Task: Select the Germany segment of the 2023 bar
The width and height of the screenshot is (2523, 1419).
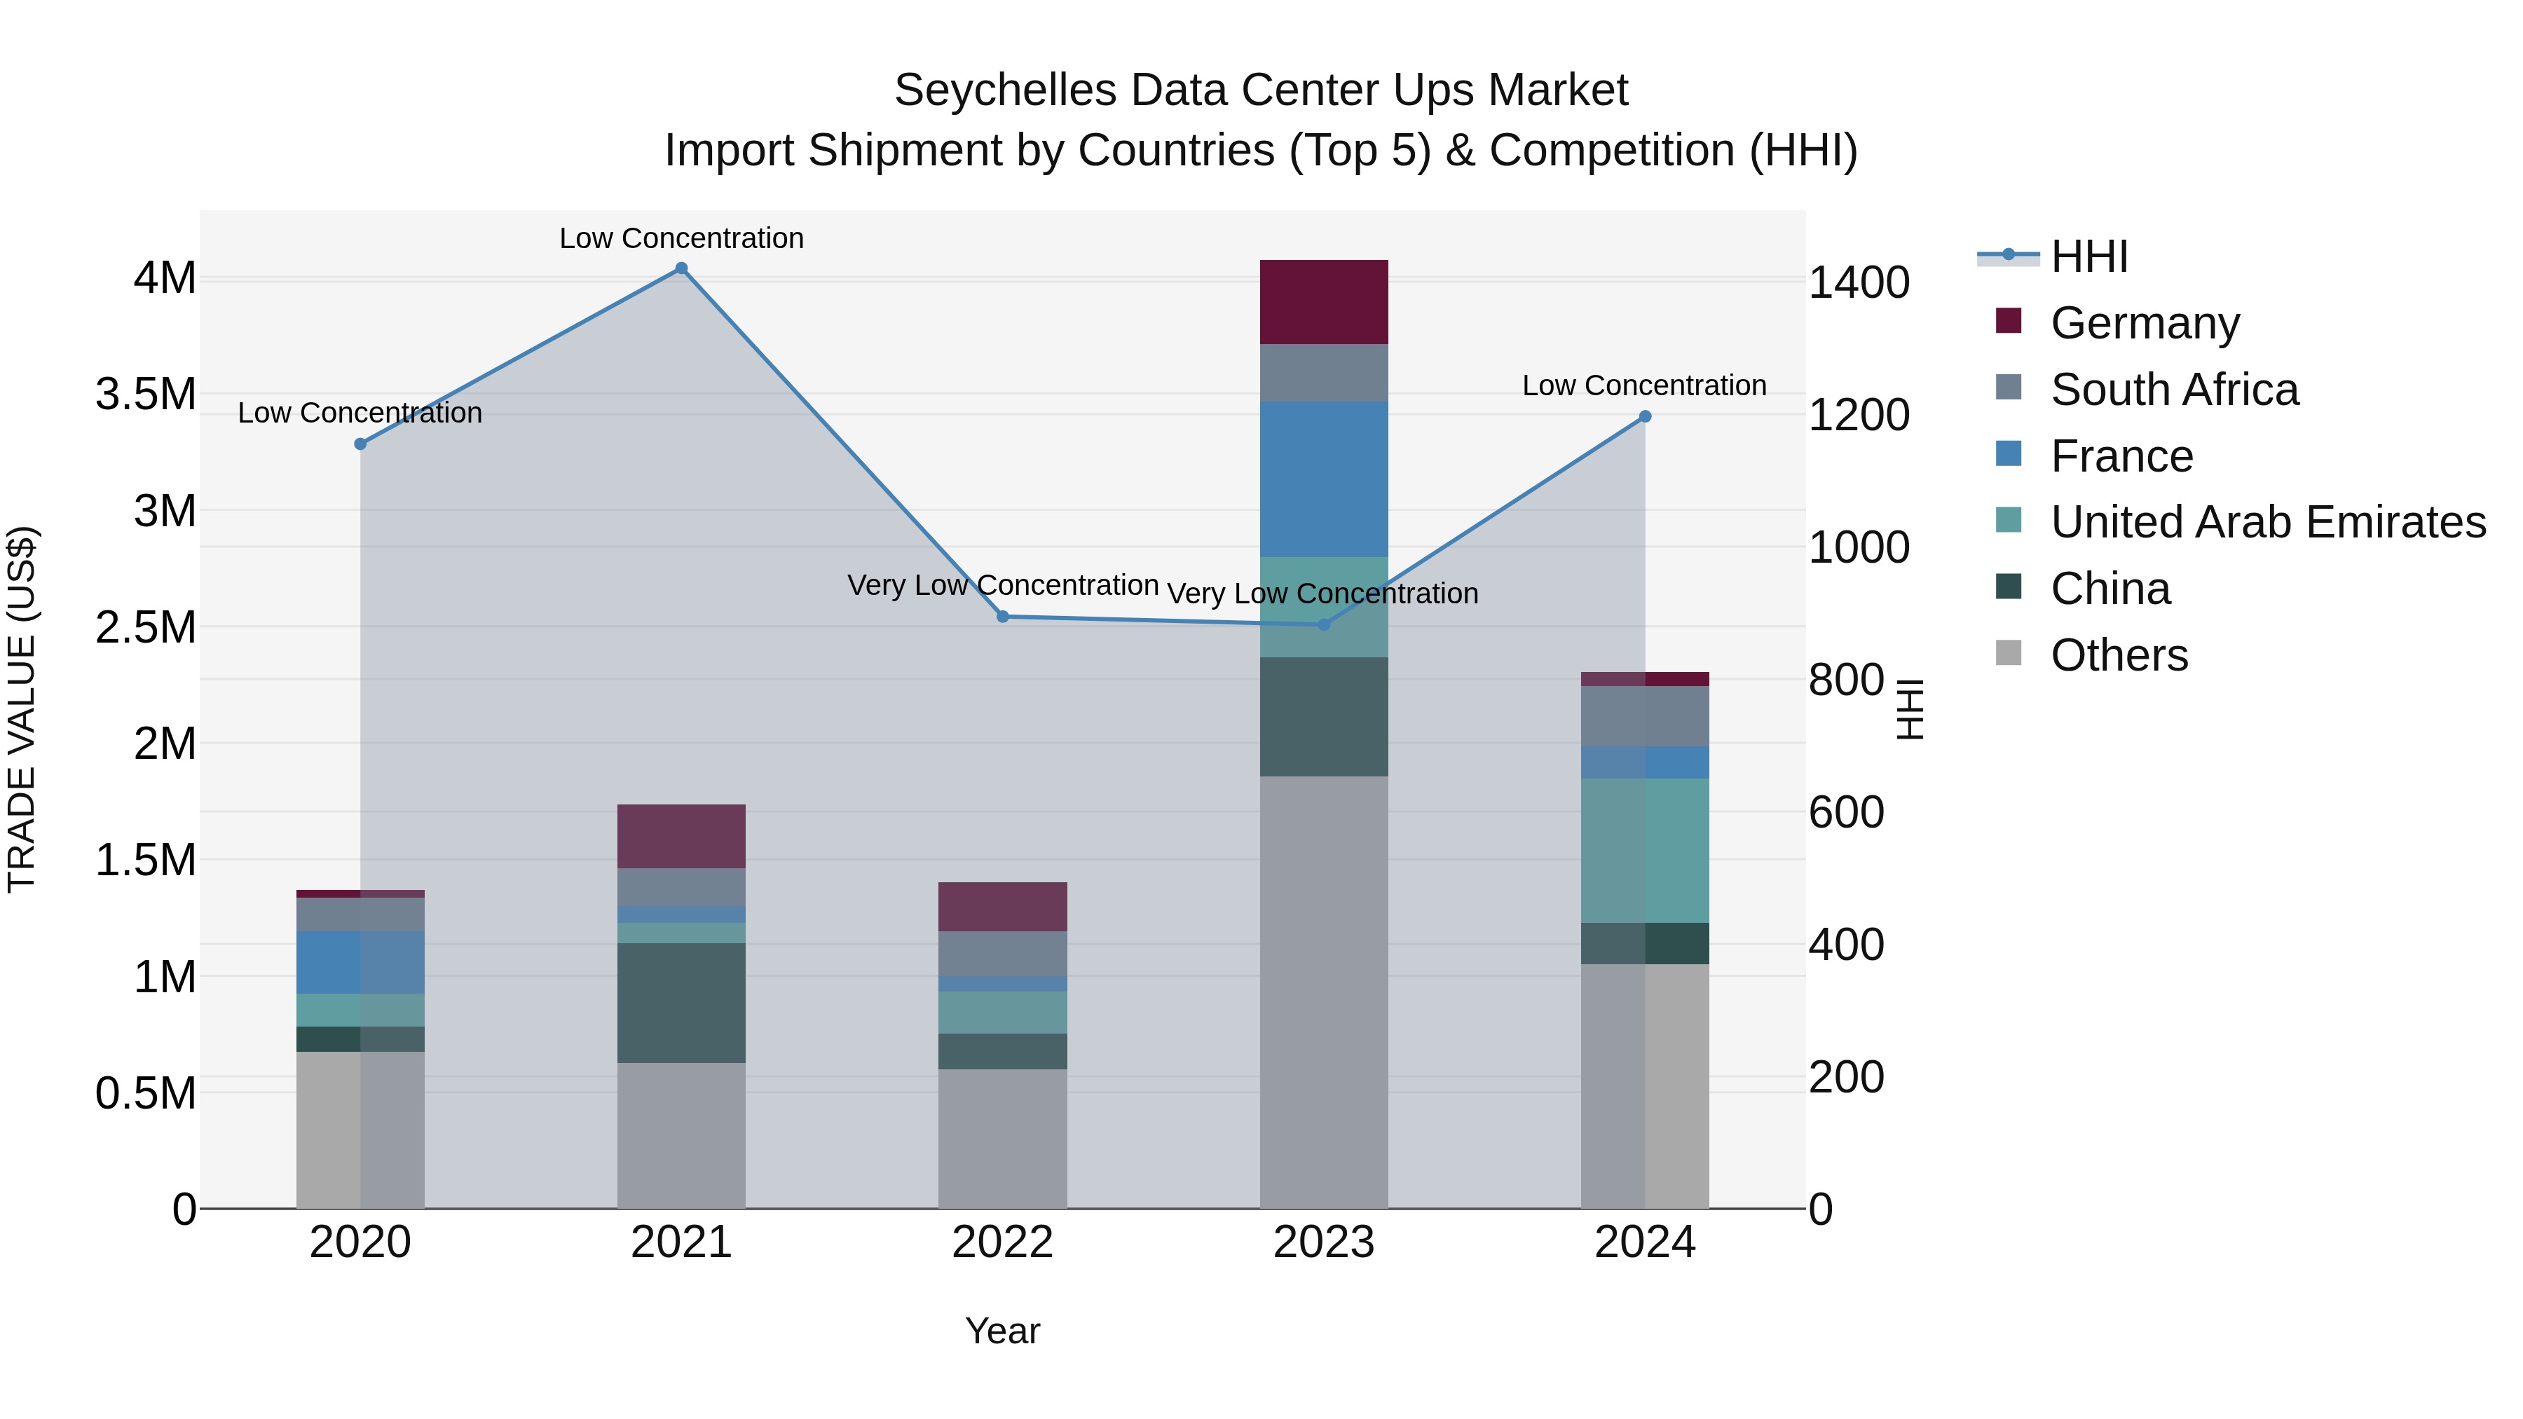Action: click(x=1323, y=301)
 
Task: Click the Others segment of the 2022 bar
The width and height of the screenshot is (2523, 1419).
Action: click(x=1002, y=1138)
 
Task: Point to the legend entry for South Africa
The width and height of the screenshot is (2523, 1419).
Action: click(x=2173, y=390)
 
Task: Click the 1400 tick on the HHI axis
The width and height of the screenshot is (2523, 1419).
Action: click(x=1858, y=283)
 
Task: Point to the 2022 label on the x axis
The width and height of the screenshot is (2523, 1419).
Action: click(x=1002, y=1242)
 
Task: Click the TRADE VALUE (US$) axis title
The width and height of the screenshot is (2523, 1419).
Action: click(x=22, y=709)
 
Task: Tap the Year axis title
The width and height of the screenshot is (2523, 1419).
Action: click(x=1002, y=1331)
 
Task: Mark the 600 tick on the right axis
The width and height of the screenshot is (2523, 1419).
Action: click(x=1845, y=813)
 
